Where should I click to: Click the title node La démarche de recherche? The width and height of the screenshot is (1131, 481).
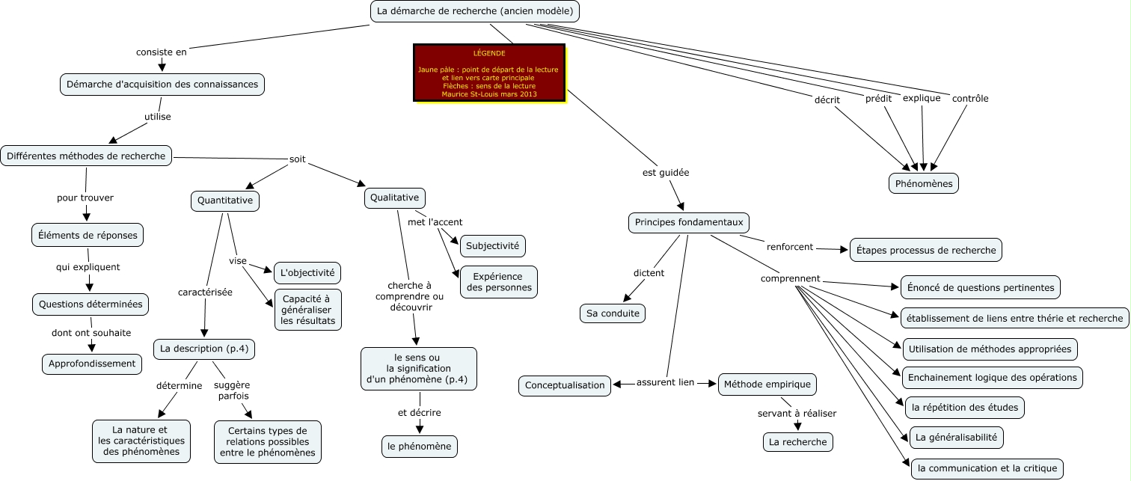(x=475, y=11)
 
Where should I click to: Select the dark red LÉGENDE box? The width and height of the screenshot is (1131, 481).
(x=489, y=73)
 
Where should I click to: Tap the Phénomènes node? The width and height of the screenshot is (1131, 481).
(x=923, y=183)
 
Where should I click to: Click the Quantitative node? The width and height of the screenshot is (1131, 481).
(x=225, y=200)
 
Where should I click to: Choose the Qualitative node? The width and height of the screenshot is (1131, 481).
(x=395, y=197)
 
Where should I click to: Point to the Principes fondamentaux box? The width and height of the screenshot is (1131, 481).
(x=688, y=222)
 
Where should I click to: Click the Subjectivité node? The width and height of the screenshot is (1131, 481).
(x=493, y=245)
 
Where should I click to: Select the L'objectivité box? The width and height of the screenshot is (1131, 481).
(x=307, y=272)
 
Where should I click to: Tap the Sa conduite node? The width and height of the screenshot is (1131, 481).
(x=612, y=313)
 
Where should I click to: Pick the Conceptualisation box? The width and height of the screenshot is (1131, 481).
(x=565, y=385)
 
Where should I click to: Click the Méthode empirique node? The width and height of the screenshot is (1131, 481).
(x=767, y=385)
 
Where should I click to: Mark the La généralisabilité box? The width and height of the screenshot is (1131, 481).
(x=956, y=437)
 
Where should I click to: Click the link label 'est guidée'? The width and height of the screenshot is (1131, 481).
(x=666, y=173)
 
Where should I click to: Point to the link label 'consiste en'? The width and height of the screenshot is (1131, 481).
(x=161, y=52)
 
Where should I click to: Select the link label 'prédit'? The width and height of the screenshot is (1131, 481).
(x=878, y=99)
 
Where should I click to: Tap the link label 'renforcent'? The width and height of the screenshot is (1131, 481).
(x=790, y=246)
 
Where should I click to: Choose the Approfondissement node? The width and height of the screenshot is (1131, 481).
(x=91, y=364)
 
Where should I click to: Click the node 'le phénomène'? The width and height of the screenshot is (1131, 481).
(x=419, y=446)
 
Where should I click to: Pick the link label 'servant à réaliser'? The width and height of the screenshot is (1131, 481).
(x=797, y=413)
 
